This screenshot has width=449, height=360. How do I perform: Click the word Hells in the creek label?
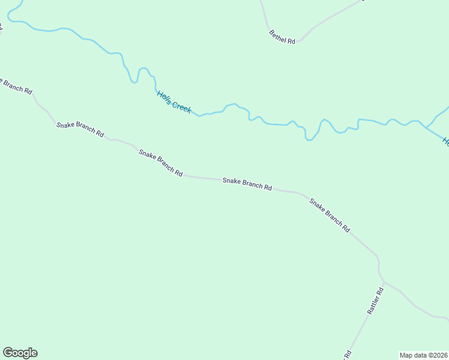[x=164, y=97]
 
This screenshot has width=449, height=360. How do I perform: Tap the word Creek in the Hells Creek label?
[x=181, y=107]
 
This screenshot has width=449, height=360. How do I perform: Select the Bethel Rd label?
[x=282, y=37]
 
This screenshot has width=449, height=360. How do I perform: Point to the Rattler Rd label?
[x=375, y=302]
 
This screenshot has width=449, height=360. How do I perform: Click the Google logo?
[x=20, y=353]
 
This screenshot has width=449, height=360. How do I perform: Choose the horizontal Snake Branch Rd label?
[x=247, y=184]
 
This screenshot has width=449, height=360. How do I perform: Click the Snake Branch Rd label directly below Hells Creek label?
[x=160, y=163]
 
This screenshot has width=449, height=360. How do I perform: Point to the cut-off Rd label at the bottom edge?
[x=347, y=355]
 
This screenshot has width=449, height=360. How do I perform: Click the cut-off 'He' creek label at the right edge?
[x=445, y=142]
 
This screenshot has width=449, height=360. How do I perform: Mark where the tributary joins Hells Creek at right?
[x=425, y=127]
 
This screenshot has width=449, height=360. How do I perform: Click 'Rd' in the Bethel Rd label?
[x=291, y=41]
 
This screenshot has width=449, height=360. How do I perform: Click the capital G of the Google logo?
[x=8, y=352]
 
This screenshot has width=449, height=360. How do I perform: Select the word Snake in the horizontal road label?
[x=231, y=181]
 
